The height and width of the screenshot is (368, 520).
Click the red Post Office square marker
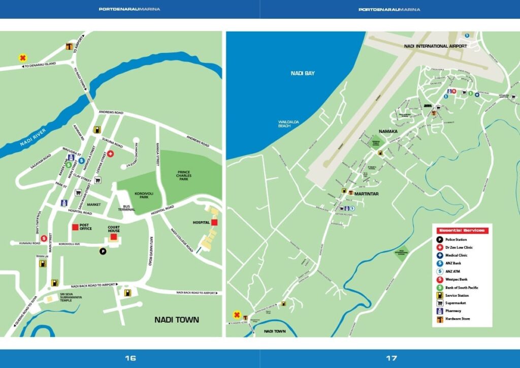[76, 227]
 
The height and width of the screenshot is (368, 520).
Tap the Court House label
[114, 229]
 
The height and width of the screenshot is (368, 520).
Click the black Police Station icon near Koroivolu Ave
[103, 251]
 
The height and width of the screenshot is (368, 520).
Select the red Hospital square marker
[214, 223]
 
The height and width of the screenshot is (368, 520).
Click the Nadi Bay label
[303, 73]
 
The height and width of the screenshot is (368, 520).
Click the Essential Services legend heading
[462, 230]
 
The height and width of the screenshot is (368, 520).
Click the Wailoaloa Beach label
[287, 124]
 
